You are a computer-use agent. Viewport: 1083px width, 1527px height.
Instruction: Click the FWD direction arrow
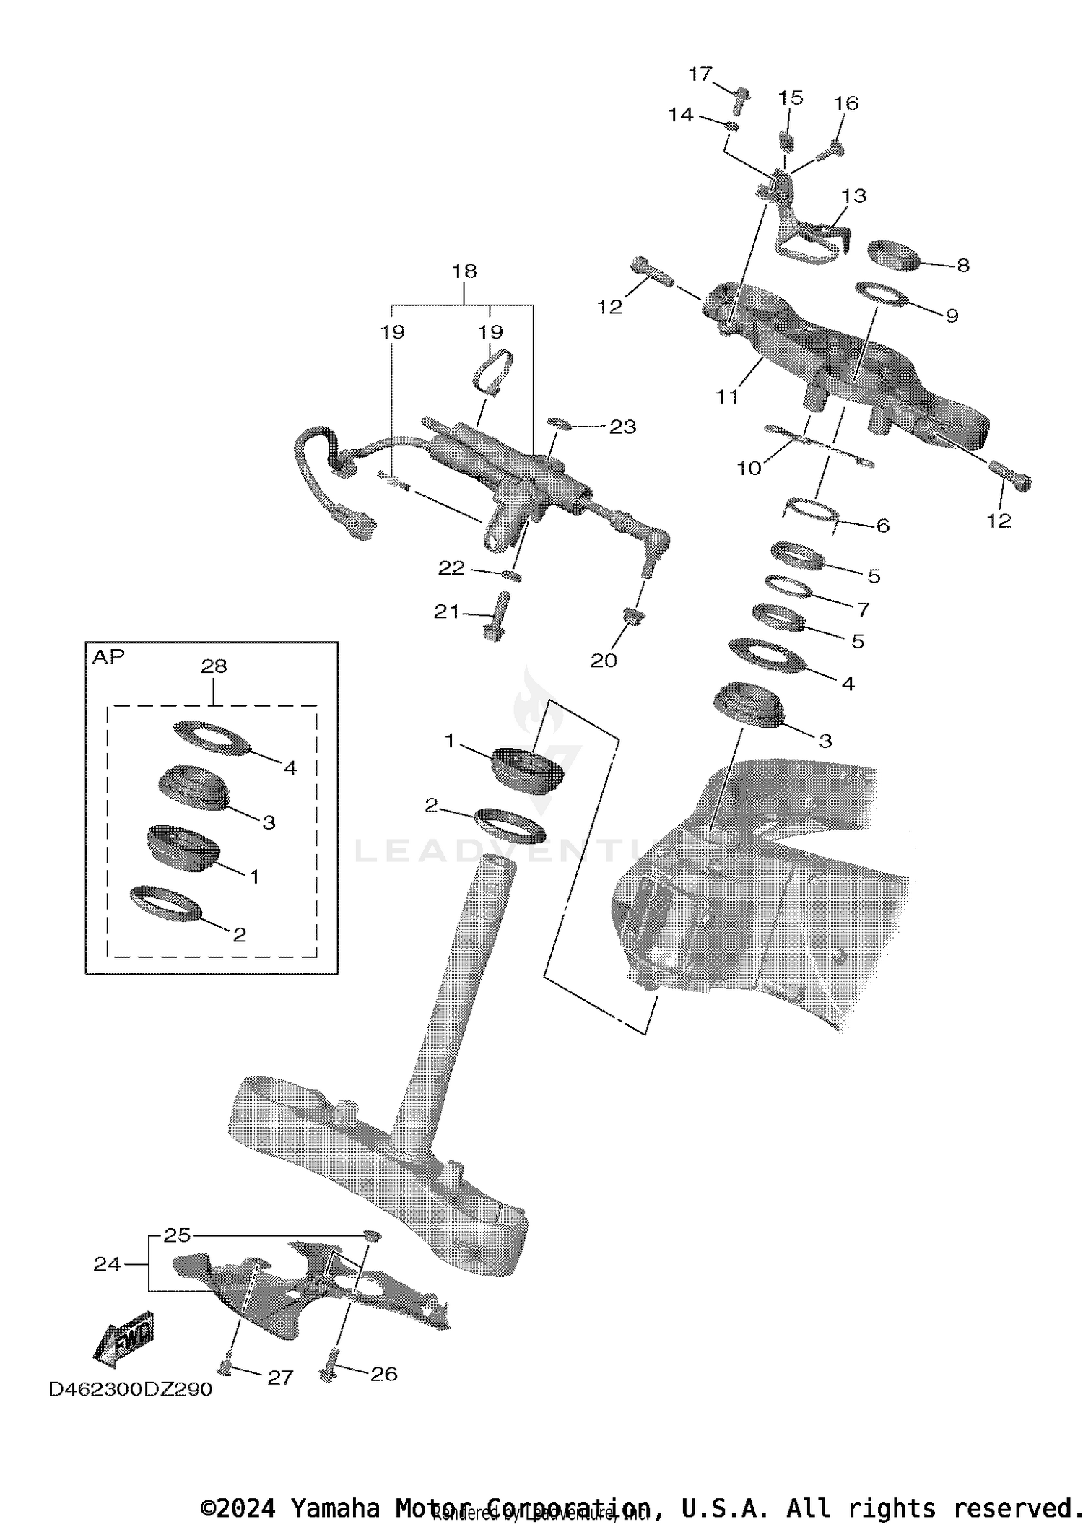[x=124, y=1341]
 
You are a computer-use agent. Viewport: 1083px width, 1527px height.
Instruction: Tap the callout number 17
[x=700, y=74]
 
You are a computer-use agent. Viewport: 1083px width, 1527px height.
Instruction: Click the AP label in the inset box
[x=108, y=656]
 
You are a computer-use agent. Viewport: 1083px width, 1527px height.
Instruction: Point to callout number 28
[x=214, y=666]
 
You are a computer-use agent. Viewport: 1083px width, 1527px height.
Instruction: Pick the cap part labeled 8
[x=894, y=256]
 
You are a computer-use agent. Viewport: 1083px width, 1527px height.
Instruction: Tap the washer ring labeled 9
[x=881, y=294]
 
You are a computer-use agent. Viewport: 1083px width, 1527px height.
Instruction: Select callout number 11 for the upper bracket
[x=727, y=396]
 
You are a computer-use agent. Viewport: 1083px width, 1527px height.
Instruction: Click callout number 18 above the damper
[x=464, y=271]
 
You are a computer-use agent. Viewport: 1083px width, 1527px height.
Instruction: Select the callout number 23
[x=622, y=427]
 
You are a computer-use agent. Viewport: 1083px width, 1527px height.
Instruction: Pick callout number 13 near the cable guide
[x=854, y=196]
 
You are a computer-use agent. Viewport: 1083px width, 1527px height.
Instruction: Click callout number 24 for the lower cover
[x=107, y=1263]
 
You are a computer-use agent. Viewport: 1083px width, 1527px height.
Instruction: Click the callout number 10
[x=749, y=468]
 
